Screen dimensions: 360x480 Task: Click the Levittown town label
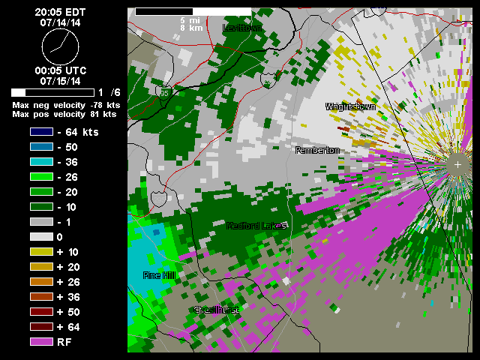[241, 28]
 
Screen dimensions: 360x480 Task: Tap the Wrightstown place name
[350, 107]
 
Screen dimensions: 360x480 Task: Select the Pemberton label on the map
[317, 151]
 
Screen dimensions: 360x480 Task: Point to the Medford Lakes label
[256, 226]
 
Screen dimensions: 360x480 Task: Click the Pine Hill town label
[159, 276]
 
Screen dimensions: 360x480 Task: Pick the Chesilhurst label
[216, 310]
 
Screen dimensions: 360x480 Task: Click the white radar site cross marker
[457, 163]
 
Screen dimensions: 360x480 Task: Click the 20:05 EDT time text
[59, 13]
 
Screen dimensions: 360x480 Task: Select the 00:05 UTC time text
[59, 70]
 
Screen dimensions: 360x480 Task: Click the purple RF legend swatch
[40, 342]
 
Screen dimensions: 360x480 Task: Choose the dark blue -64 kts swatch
[40, 132]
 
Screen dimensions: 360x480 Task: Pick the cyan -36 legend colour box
[40, 162]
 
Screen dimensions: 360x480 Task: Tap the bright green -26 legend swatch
[40, 177]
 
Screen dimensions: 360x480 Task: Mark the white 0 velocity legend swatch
[40, 237]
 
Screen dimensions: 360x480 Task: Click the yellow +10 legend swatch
[40, 252]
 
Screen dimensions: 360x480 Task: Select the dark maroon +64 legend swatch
[40, 327]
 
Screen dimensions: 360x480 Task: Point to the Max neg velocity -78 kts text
[64, 105]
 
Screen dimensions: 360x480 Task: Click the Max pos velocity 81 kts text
[64, 115]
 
